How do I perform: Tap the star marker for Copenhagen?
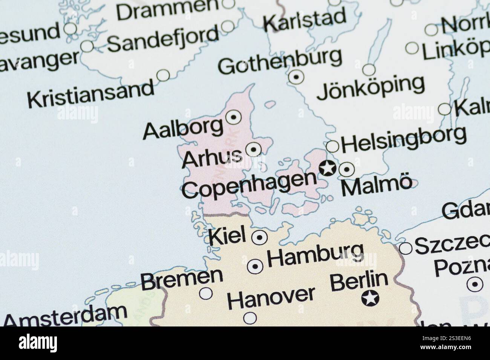[328, 168]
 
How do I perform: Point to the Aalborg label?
[183, 129]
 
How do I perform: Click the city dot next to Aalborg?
[233, 118]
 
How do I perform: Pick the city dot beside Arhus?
[253, 149]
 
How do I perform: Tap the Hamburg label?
[315, 254]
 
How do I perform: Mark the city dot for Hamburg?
[255, 267]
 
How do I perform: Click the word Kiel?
[227, 235]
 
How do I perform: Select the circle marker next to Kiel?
[259, 238]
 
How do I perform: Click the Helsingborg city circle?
[332, 146]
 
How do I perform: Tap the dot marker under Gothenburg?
[296, 77]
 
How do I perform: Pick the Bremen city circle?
[206, 293]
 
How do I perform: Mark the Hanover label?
[271, 297]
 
